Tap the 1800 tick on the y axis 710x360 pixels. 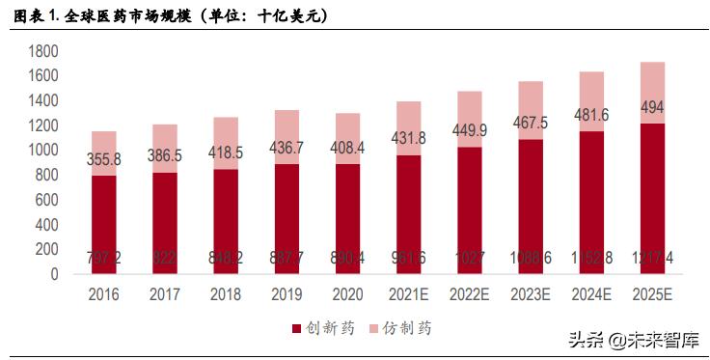tap(43, 51)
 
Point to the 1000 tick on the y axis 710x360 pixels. tap(43, 151)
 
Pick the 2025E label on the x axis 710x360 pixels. tap(653, 295)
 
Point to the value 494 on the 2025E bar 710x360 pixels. tap(653, 106)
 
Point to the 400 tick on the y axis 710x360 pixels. tap(47, 225)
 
